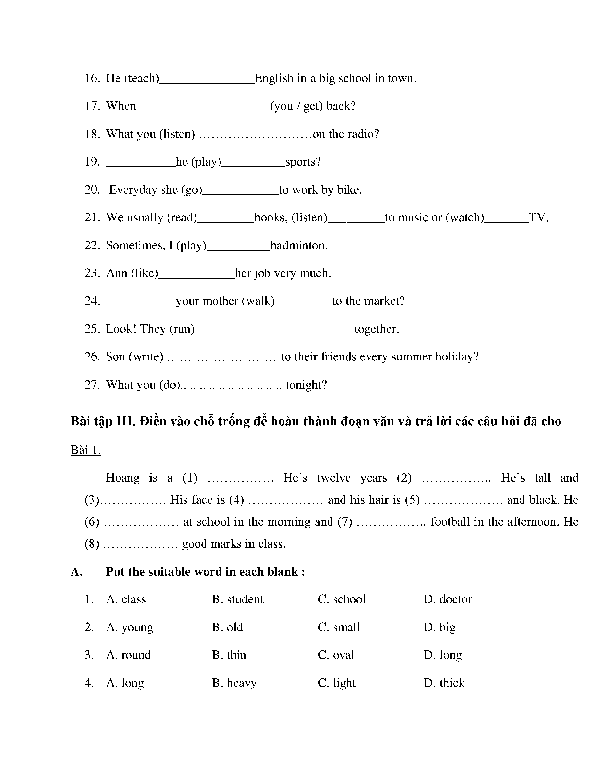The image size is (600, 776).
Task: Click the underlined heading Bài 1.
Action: pyautogui.click(x=86, y=450)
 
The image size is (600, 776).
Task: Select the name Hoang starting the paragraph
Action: pyautogui.click(x=123, y=478)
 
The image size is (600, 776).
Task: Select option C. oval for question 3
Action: pyautogui.click(x=336, y=655)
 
